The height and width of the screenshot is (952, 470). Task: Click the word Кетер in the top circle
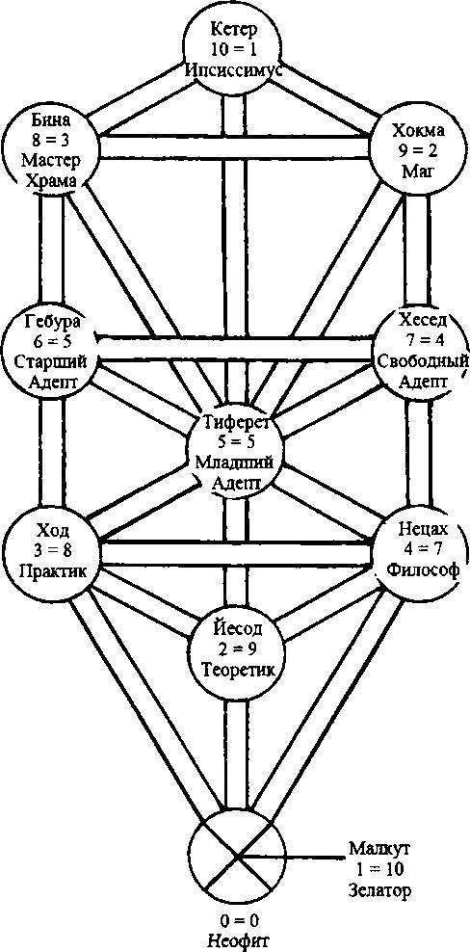click(x=234, y=29)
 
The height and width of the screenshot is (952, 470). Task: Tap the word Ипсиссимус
click(x=234, y=69)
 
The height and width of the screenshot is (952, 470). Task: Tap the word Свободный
click(x=423, y=361)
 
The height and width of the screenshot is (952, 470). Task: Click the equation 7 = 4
click(x=423, y=341)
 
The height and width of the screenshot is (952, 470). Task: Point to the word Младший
click(x=234, y=462)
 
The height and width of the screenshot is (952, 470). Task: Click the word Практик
click(x=50, y=571)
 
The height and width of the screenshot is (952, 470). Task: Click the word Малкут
click(x=377, y=848)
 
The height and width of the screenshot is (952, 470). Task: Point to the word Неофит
click(x=235, y=939)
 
